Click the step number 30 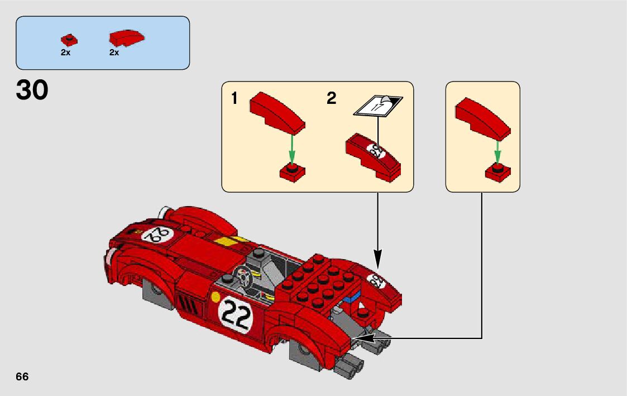coord(32,90)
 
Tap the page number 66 coord(22,376)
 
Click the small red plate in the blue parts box coord(69,40)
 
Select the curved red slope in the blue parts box coord(127,38)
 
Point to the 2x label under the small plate coord(65,53)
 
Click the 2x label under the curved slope coord(114,53)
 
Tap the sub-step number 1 coord(234,99)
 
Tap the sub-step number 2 coord(331,99)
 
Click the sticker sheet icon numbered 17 coord(378,106)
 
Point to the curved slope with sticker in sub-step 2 coord(374,157)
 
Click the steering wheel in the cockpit coord(244,276)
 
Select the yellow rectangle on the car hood coord(225,241)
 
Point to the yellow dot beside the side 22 coord(216,297)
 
